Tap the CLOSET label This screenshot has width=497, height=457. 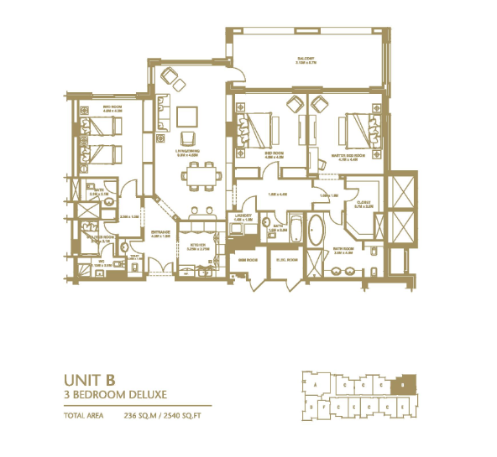pyautogui.click(x=364, y=201)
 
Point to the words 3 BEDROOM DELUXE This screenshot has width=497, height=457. pyautogui.click(x=112, y=393)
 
